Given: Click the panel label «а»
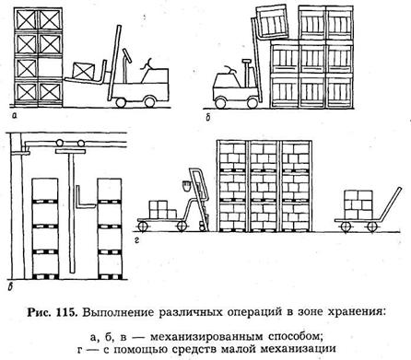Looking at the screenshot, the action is pos(13,115).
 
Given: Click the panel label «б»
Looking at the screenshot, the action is pos(208,117).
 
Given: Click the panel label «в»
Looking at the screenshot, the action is pos(10,287).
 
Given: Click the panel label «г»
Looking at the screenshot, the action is pos(136,240).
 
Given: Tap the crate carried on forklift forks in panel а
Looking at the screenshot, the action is pos(84,71).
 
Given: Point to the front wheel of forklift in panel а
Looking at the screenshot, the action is pos(121,102).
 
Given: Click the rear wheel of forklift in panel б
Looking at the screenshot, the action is pos(221,103).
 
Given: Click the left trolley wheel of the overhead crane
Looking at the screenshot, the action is pos(59,144).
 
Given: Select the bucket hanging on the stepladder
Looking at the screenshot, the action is pos(186,186).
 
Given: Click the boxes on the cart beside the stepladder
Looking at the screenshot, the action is pos(162,210).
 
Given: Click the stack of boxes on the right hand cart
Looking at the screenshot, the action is pos(358,204).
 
